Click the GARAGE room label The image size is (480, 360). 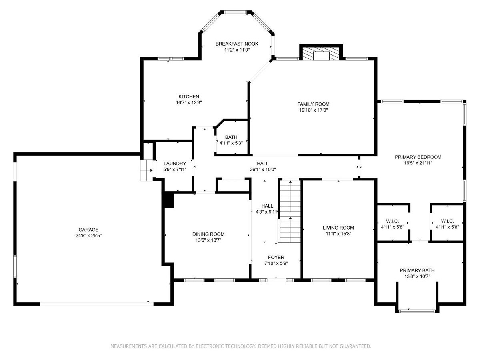[x=88, y=230]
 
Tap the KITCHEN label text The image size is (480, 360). [x=189, y=96]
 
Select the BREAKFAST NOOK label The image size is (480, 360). [x=237, y=44]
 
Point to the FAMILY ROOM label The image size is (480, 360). [x=313, y=104]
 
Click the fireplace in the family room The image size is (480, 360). [x=321, y=53]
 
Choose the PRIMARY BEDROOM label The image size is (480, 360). [x=418, y=157]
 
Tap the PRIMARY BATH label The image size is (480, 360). [x=417, y=270]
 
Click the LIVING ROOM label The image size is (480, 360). [x=338, y=228]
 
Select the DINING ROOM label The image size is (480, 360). [x=208, y=234]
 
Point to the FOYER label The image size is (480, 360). [x=276, y=258]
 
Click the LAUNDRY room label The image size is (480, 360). [x=175, y=164]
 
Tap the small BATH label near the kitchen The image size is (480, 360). [x=231, y=137]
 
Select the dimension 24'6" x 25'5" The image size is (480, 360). [x=88, y=236]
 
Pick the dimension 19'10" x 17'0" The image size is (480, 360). [x=313, y=110]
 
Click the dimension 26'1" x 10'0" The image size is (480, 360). [x=263, y=169]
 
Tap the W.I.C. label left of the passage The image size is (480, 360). [x=392, y=221]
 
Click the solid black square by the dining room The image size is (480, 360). [x=169, y=200]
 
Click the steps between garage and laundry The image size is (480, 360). [x=146, y=170]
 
